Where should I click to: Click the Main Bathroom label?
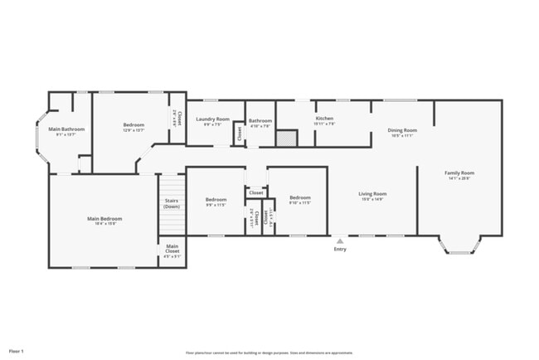click(66, 129)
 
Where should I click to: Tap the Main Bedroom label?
click(102, 219)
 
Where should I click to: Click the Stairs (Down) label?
click(172, 203)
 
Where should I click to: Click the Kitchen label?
click(324, 119)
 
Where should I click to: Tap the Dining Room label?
click(402, 130)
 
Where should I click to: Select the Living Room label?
click(373, 194)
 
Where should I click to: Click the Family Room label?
click(459, 173)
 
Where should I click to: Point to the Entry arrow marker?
click(340, 241)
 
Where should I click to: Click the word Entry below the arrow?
click(340, 250)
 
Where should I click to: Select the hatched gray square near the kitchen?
click(286, 139)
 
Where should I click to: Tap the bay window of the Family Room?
click(459, 246)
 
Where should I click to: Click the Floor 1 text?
click(17, 351)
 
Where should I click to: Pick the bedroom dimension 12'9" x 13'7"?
click(134, 130)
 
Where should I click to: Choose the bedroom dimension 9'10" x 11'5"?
click(299, 202)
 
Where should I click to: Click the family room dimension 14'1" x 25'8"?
click(459, 178)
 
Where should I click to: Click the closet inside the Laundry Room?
click(238, 133)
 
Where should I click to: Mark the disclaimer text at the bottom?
click(269, 352)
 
